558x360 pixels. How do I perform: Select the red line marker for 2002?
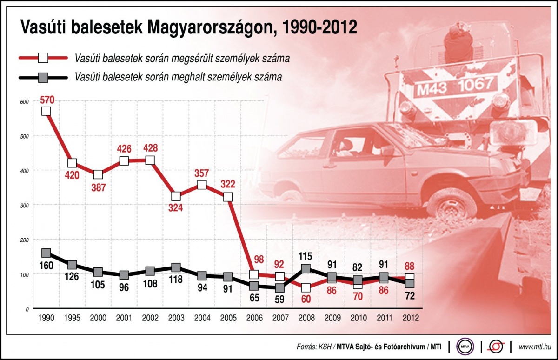coord(150,160)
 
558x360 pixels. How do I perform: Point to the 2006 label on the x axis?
coord(253,318)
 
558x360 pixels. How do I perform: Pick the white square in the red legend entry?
coord(43,58)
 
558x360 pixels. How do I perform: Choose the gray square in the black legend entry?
coord(43,77)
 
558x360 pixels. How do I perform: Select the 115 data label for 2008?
coord(306,256)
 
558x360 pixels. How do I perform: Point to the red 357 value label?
coord(202,173)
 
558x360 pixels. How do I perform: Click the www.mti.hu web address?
coord(535,347)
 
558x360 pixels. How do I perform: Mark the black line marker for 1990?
coord(46,253)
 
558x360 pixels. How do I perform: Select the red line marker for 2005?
coord(228,197)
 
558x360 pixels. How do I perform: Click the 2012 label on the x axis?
coord(410,318)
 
